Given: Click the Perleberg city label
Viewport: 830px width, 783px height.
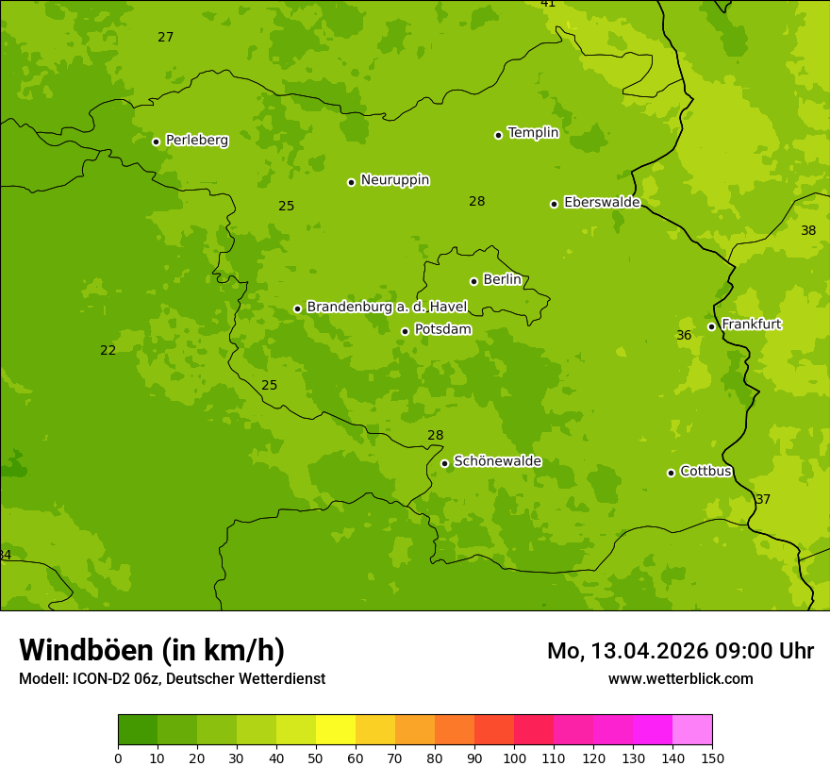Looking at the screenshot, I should coord(196,141).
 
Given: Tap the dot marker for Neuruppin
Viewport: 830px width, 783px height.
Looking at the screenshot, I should coord(351,182).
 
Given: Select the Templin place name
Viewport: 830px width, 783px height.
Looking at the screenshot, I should coord(533,133).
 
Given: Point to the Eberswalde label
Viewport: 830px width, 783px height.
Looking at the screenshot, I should coord(602,203).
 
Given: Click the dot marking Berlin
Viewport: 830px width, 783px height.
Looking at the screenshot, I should coord(473,281).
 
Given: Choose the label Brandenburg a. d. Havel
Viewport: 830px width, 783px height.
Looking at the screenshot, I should coord(387,308).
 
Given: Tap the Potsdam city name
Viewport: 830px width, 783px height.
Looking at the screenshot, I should coord(442,330).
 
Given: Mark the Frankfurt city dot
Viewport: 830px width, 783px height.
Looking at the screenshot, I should coord(711,326).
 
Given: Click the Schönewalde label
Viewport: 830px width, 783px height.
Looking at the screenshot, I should coord(497,462).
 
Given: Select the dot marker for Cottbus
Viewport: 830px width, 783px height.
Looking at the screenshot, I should coord(671,473).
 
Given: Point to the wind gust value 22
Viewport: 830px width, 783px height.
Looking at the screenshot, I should coord(108,351).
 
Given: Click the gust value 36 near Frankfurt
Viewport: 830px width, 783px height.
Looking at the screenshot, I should coord(684,336).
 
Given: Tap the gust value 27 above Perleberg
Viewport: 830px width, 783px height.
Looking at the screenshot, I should coord(166,38).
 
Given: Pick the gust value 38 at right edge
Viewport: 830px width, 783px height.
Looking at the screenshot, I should coord(808,231).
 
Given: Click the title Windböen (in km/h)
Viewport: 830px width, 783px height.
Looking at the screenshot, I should coord(152,650).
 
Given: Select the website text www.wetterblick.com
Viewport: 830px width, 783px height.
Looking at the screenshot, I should coord(680,679).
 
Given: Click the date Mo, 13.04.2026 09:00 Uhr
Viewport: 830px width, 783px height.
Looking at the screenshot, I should coord(680,651).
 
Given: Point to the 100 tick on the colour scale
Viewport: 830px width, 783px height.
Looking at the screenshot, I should coord(514,758).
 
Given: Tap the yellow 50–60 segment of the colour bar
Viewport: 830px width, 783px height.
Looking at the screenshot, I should coord(336,730).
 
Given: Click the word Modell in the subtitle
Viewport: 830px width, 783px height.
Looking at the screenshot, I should coord(42,679).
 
